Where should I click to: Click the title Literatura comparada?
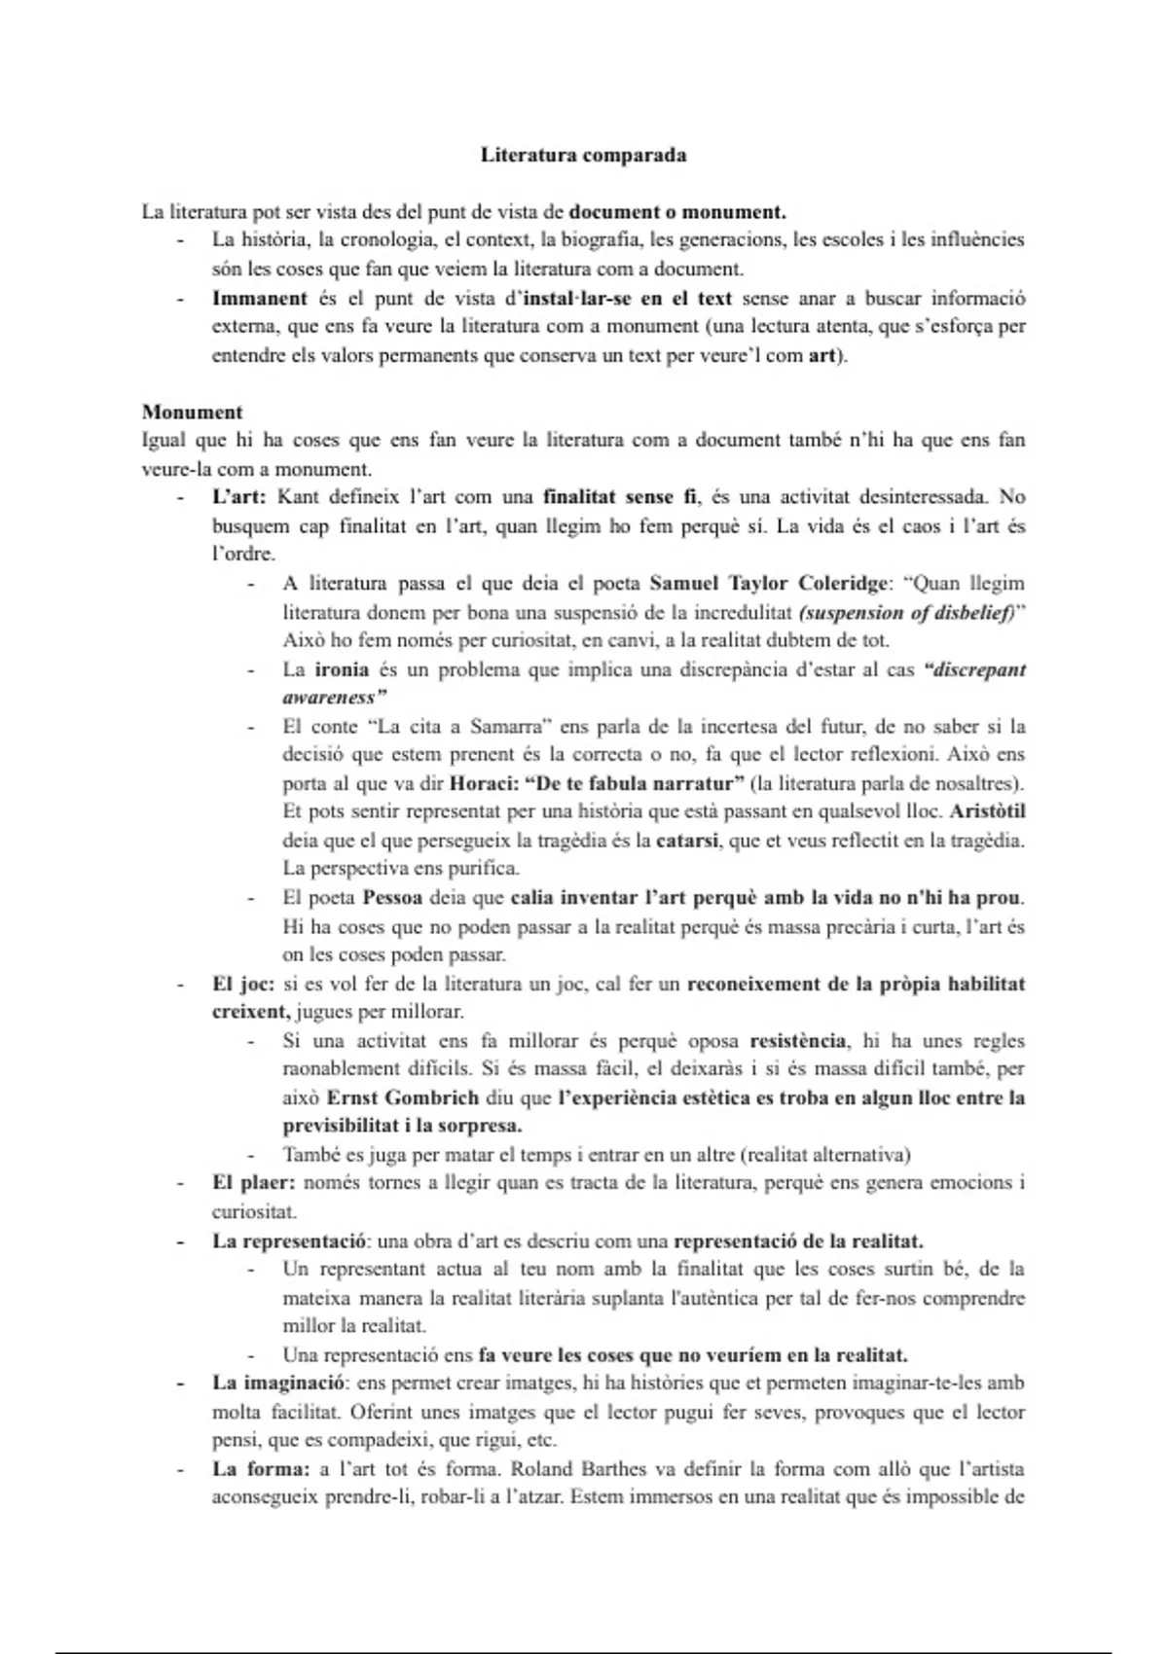click(x=583, y=155)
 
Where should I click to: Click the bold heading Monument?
click(x=192, y=412)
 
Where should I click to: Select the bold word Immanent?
click(x=259, y=298)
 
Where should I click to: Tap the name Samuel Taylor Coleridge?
click(x=769, y=583)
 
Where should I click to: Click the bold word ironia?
click(x=341, y=669)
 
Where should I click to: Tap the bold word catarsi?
click(x=687, y=840)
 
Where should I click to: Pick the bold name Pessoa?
click(x=391, y=897)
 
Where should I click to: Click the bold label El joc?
click(x=242, y=983)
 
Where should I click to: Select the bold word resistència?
click(x=797, y=1040)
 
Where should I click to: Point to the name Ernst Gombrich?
click(x=402, y=1097)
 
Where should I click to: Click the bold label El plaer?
click(x=253, y=1183)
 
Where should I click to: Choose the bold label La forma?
click(x=261, y=1469)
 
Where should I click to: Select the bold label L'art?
click(x=239, y=496)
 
